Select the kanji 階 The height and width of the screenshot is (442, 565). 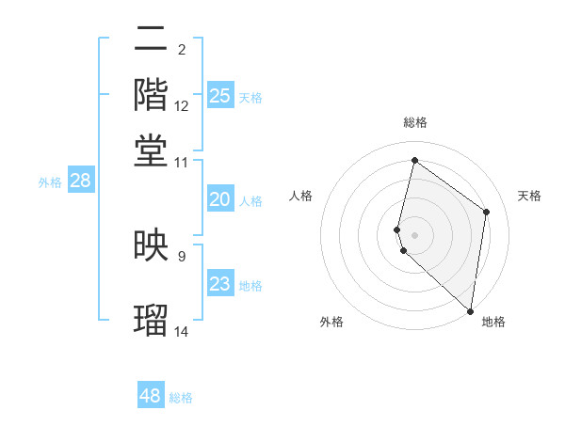coord(152,95)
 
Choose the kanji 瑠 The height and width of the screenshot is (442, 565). coord(152,319)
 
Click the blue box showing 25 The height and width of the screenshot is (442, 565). coord(219,96)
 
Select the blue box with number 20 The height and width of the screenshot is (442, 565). coord(219,199)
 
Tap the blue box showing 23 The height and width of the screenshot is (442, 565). coord(219,284)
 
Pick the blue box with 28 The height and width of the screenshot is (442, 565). coord(80,181)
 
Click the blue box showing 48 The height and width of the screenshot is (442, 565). coord(151,396)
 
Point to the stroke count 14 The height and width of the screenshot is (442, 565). coord(182,331)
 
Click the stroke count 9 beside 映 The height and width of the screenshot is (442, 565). coord(182,255)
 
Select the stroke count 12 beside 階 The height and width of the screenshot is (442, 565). coord(182,106)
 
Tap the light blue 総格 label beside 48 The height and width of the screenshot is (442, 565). coord(182,398)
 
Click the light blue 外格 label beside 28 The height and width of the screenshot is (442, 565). coord(50,182)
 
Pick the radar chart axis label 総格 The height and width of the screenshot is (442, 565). coord(415,123)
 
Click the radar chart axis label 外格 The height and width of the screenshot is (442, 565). coord(331,323)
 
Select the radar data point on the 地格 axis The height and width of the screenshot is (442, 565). coord(470,311)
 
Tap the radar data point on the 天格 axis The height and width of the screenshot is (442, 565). coord(487,212)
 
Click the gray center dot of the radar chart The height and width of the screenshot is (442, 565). coord(415,234)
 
